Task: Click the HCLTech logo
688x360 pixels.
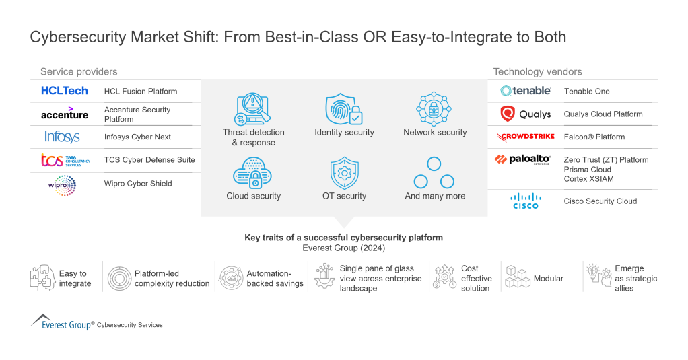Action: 65,91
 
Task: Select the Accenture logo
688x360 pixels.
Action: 65,114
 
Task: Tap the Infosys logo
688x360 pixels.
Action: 62,137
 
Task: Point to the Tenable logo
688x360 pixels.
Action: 526,91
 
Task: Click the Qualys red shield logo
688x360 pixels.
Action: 508,114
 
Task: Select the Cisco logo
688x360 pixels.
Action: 525,201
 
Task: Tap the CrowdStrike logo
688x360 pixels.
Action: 526,137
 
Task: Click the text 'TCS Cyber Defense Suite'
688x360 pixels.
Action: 149,160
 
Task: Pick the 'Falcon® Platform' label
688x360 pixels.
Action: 594,137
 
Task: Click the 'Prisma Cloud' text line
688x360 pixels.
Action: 588,170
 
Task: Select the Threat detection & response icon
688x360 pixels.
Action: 253,109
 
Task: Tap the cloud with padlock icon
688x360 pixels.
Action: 252,173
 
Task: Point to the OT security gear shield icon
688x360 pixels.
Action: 344,173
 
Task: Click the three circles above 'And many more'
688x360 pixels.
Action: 434,173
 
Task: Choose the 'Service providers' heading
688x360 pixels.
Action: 79,71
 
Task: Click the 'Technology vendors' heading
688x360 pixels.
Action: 537,71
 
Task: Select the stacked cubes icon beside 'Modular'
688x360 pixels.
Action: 517,277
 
